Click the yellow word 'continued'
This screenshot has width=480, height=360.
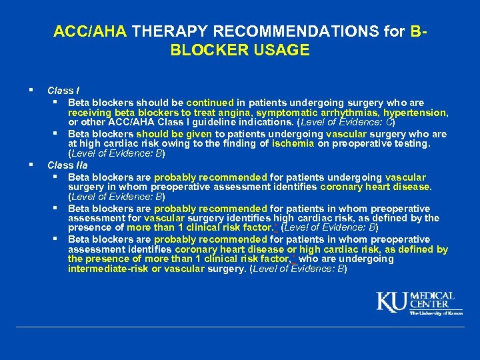[x=210, y=103]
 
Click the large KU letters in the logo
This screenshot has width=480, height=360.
[x=393, y=301]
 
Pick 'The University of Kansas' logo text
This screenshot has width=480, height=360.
[x=436, y=313]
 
